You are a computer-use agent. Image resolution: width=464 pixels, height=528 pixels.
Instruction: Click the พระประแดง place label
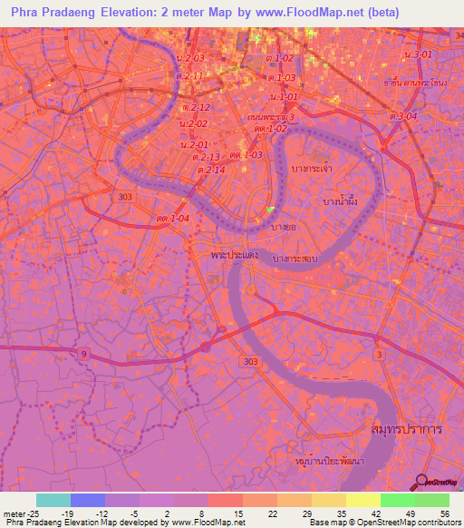[x=232, y=257]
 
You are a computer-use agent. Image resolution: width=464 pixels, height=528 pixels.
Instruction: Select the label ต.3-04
[x=403, y=116]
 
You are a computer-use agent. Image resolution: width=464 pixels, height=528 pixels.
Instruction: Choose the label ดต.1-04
[x=171, y=219]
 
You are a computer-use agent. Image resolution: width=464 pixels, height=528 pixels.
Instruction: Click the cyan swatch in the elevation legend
[x=53, y=500]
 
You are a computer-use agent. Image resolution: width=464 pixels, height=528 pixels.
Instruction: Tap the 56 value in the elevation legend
[x=444, y=513]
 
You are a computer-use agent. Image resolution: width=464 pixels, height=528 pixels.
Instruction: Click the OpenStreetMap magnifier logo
[x=421, y=482]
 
